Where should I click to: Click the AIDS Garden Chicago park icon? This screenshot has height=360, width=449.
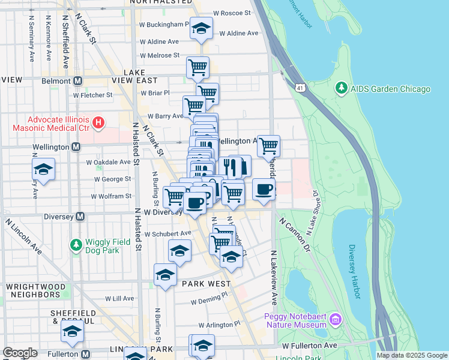tap(342, 89)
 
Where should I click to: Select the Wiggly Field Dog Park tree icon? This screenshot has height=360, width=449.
tap(76, 245)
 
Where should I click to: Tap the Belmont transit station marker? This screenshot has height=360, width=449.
tap(77, 80)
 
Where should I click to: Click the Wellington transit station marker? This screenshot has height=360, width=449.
tap(76, 146)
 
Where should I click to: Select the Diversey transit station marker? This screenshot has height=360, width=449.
tap(79, 216)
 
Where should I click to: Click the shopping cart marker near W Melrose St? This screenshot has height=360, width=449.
tap(197, 67)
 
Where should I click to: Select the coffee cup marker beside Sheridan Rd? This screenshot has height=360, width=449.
tap(264, 190)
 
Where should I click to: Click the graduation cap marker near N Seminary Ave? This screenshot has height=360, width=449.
tap(44, 170)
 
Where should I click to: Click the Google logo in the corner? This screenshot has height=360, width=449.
tap(20, 353)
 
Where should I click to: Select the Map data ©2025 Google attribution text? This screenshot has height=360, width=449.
tap(412, 355)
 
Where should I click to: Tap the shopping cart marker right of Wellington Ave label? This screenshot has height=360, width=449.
tap(268, 145)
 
